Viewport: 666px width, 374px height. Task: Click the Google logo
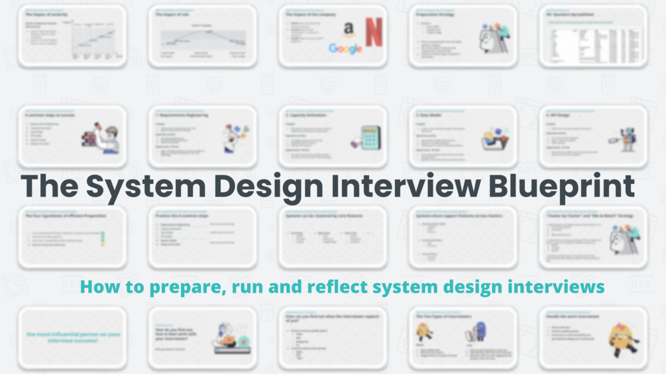345,49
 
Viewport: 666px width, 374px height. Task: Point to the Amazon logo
349,30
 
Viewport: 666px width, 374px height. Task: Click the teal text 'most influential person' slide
73,338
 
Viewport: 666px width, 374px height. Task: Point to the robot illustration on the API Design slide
624,138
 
